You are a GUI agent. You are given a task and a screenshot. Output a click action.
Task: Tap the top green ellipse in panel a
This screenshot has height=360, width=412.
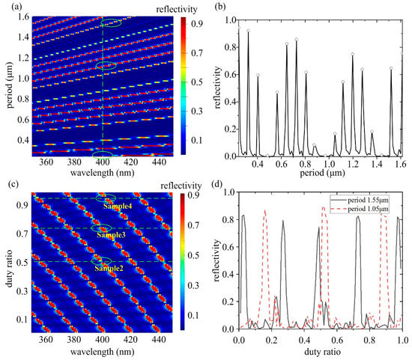110,25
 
